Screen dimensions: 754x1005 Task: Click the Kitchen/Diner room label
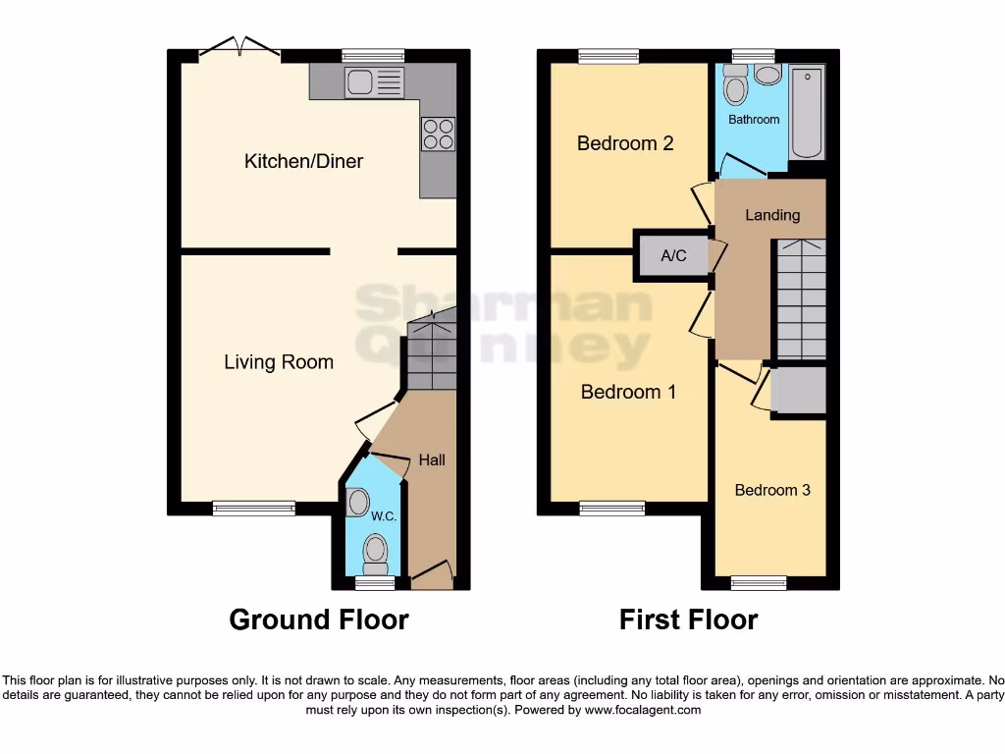coord(303,161)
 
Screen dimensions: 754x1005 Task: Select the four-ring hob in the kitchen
coord(438,134)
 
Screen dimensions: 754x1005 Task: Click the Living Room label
coord(279,362)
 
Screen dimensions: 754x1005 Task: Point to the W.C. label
coord(384,516)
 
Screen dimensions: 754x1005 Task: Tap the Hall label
coord(432,459)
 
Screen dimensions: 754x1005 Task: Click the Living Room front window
coord(253,508)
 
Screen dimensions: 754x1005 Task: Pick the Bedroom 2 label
coord(625,143)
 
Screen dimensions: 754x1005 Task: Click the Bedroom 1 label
coord(628,392)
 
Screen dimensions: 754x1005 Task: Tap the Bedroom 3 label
coord(772,490)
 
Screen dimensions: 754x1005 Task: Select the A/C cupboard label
coord(673,256)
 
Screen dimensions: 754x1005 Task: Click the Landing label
coord(772,215)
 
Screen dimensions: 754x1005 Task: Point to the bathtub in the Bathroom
coord(808,113)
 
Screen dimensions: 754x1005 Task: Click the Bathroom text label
coord(754,120)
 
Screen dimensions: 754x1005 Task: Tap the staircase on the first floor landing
coord(801,299)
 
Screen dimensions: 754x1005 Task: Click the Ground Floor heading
coord(319,619)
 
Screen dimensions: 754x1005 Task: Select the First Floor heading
coord(688,619)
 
